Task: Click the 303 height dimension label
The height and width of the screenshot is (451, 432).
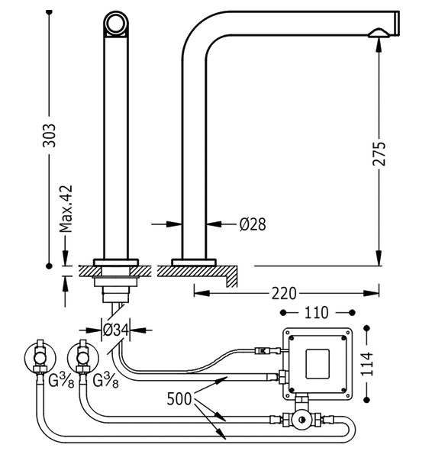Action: (49, 135)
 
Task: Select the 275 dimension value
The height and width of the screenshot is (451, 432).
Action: (379, 153)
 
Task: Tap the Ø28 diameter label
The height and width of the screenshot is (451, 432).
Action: (253, 224)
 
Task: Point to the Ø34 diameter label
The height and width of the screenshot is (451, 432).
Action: (115, 330)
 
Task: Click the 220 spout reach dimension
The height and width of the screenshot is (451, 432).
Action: (284, 293)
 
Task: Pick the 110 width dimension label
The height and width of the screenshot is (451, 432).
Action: (316, 313)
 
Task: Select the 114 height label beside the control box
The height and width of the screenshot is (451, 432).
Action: (367, 363)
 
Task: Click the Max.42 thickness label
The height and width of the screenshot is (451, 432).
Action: (66, 209)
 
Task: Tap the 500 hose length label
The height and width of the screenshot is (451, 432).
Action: (179, 399)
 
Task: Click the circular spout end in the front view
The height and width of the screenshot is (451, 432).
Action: (115, 23)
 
